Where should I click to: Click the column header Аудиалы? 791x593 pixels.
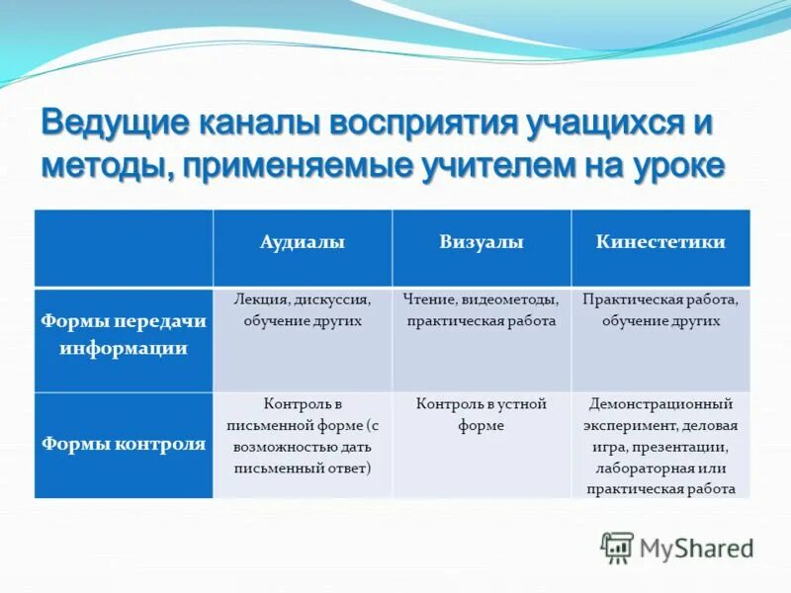point(303,243)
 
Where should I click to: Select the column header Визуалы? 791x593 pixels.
point(481,243)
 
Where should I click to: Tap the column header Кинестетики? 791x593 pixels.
point(660,243)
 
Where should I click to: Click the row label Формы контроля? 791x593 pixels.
point(124,444)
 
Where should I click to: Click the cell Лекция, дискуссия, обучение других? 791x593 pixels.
point(303,309)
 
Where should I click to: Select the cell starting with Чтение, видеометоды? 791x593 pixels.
point(481,309)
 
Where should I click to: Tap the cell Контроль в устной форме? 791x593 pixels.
point(481,415)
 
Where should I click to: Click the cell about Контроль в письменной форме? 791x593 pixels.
point(303,436)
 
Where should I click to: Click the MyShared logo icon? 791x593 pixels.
point(617,547)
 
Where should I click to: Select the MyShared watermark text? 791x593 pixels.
point(696,548)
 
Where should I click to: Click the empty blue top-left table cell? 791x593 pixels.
point(124,247)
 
